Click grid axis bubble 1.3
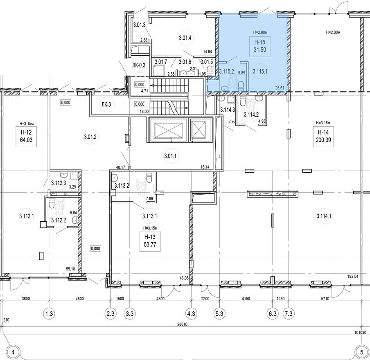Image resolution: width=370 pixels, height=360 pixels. tap(49, 314)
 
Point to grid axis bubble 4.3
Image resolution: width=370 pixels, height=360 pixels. tap(191, 314)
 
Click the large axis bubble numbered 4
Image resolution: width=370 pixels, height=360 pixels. tap(13, 351)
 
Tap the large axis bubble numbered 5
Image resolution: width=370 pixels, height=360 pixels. tap(361, 351)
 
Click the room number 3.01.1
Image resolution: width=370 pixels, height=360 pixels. tap(170, 156)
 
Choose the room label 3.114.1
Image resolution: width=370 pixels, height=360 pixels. tap(324, 216)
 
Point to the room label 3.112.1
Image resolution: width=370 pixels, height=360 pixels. tap(27, 216)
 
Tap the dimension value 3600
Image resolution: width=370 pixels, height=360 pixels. tap(26, 299)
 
